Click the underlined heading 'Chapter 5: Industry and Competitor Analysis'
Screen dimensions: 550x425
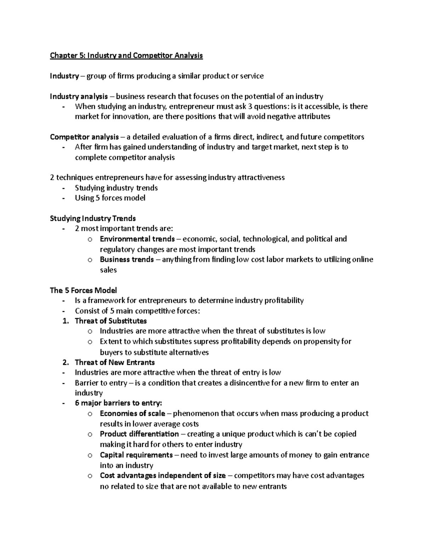point(126,56)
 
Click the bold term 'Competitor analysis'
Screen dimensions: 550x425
point(84,137)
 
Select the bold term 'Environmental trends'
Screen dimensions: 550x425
point(137,239)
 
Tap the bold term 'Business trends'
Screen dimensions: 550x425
point(127,260)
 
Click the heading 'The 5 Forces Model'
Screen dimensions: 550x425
point(83,290)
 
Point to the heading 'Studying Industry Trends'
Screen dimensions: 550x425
point(93,219)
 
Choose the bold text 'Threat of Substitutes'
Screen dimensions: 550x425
point(110,321)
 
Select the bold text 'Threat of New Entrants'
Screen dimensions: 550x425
point(115,362)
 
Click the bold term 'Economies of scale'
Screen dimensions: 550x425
point(132,414)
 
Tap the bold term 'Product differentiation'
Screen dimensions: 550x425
point(139,434)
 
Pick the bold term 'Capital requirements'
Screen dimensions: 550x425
point(136,455)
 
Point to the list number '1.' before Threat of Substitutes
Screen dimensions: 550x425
point(65,321)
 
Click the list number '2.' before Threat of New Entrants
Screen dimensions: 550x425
point(65,362)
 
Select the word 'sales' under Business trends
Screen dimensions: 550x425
point(108,270)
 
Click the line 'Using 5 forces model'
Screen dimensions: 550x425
point(110,198)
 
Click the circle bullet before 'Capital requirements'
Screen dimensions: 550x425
point(90,455)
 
